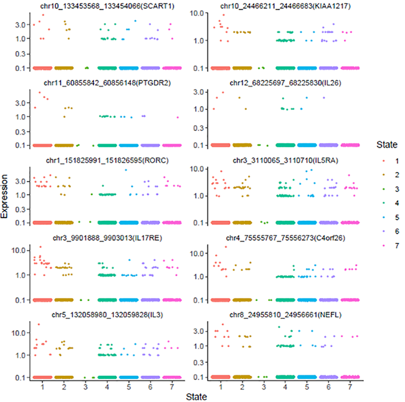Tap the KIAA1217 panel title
click(x=285, y=6)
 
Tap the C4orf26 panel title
click(x=285, y=237)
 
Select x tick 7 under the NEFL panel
click(x=351, y=386)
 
